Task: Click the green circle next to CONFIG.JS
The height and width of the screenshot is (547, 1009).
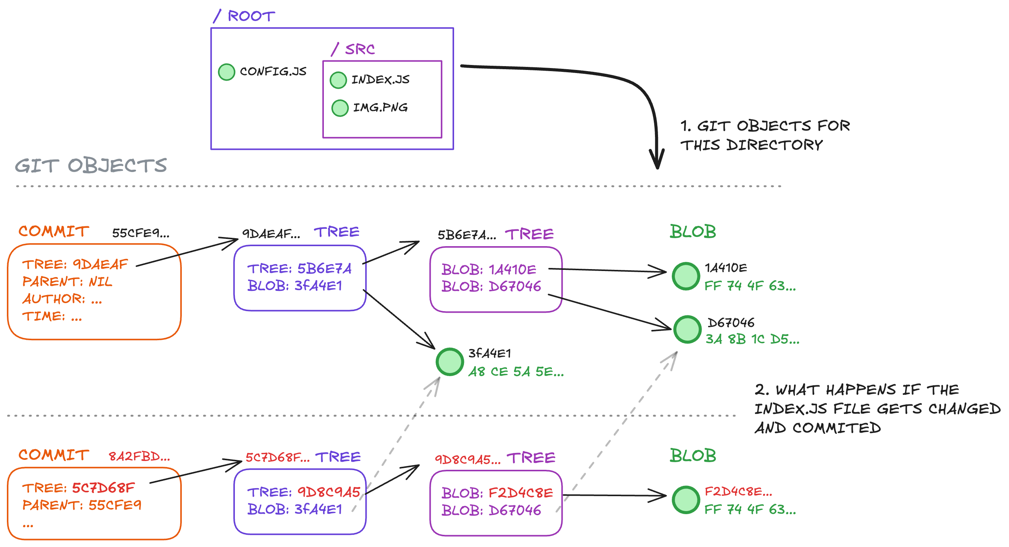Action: [226, 72]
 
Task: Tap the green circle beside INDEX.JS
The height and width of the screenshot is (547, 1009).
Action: [338, 80]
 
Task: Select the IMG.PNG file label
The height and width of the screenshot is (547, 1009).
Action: [380, 107]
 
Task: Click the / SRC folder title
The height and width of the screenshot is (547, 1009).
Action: [353, 49]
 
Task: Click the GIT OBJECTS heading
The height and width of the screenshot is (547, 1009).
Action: [91, 166]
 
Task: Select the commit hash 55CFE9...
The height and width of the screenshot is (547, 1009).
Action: [141, 233]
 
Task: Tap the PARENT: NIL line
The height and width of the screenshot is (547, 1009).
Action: [67, 282]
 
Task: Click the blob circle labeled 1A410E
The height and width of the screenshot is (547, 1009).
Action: [686, 276]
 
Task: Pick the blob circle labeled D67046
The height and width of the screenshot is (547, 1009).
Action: [687, 329]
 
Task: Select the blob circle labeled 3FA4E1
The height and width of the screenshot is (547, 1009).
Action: [450, 362]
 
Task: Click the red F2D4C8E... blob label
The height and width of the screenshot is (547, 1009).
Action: [738, 491]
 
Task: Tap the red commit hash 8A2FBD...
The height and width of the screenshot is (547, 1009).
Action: [139, 456]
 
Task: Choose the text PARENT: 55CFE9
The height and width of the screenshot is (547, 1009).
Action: [81, 505]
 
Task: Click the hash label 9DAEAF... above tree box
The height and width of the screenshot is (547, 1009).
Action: [271, 234]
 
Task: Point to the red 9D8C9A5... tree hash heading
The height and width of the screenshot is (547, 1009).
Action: [468, 459]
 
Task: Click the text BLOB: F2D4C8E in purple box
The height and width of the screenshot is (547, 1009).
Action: [496, 493]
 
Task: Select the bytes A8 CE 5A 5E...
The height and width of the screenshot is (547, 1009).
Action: [516, 372]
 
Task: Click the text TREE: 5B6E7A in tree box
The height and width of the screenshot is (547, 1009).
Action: [299, 269]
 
